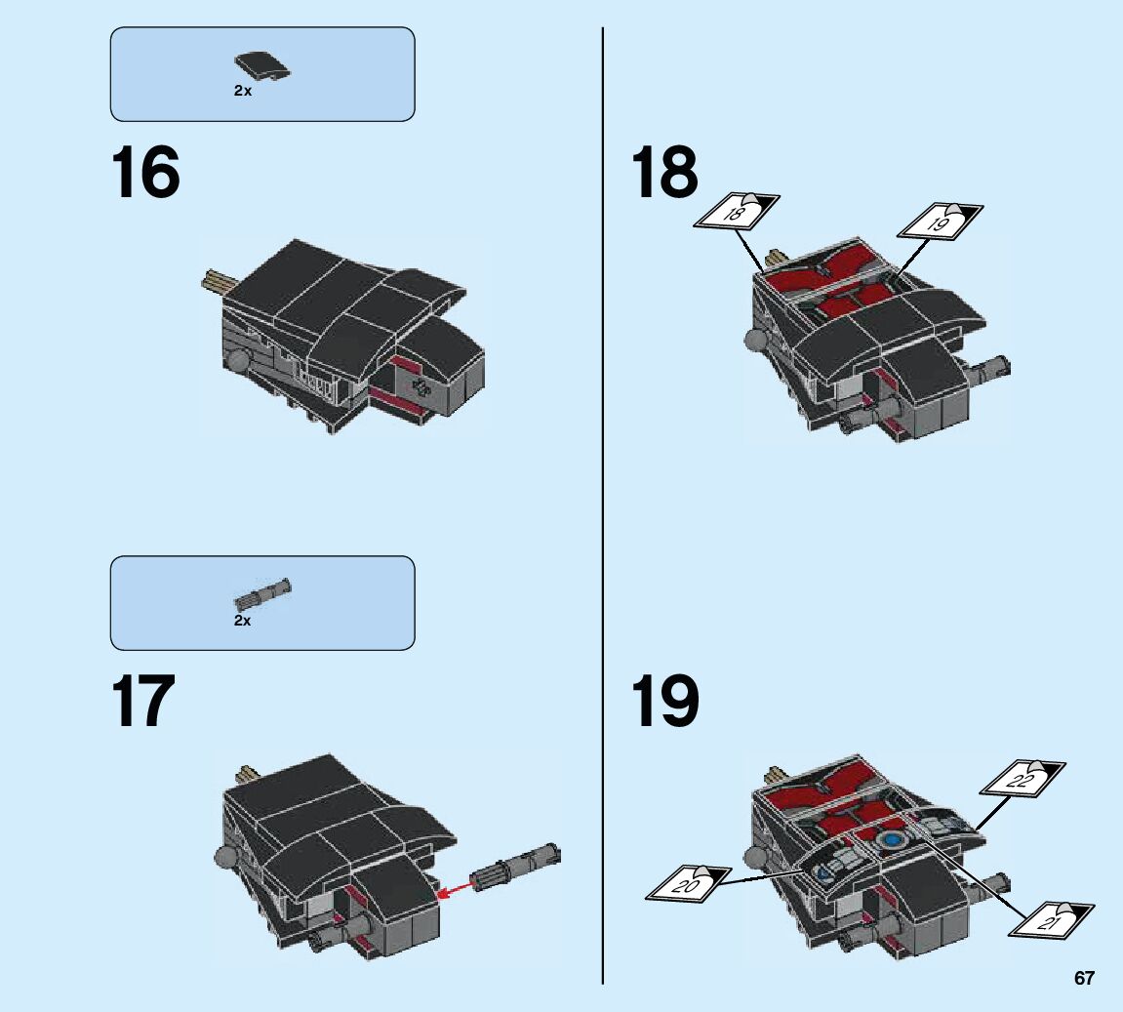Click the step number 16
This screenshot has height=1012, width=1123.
point(145,173)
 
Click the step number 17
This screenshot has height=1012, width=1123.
point(143,701)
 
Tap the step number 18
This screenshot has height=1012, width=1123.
point(664,173)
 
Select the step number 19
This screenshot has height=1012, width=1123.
point(664,701)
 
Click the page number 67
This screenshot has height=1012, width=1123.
point(1084,978)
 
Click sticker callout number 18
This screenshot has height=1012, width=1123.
point(737,212)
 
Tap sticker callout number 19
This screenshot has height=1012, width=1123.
point(941,222)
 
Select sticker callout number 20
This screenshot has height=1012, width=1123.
point(688,883)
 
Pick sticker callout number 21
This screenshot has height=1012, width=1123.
point(1052,920)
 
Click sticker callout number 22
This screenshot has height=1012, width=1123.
point(1023,779)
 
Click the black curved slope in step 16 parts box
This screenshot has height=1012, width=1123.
point(262,66)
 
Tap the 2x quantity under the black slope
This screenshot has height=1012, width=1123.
point(243,91)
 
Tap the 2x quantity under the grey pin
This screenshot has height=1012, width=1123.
point(243,621)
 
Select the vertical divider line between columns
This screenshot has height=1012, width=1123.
point(603,506)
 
